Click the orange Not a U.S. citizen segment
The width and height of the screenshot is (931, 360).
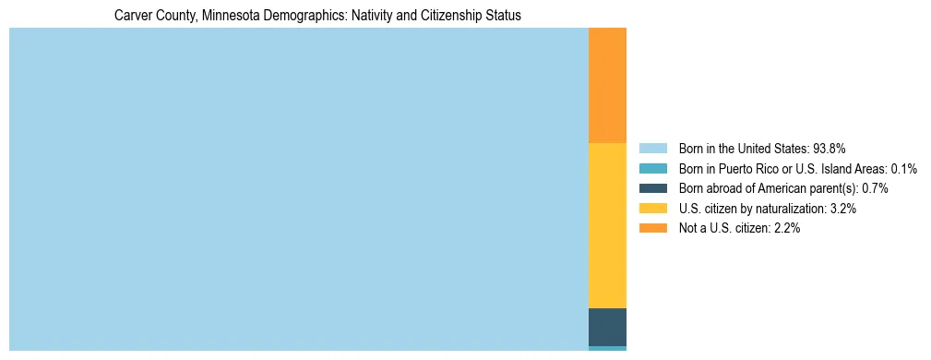tap(607, 85)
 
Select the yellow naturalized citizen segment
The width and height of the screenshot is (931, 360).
tap(607, 225)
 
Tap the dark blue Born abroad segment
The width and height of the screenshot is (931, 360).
tap(607, 327)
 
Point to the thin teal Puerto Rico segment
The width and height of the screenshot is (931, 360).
tap(607, 348)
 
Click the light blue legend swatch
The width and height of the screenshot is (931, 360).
tap(652, 148)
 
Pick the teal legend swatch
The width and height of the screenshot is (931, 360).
tap(652, 168)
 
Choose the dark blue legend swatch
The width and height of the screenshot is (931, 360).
tap(652, 188)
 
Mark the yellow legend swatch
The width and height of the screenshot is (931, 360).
tap(652, 209)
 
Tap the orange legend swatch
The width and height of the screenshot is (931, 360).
tap(652, 228)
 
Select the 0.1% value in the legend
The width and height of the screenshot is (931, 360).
tap(901, 168)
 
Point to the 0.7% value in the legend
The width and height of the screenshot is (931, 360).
tap(875, 188)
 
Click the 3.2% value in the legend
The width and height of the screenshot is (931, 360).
tap(843, 209)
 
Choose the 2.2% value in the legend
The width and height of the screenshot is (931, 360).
tap(786, 228)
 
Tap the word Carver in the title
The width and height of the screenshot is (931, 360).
tap(132, 16)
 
